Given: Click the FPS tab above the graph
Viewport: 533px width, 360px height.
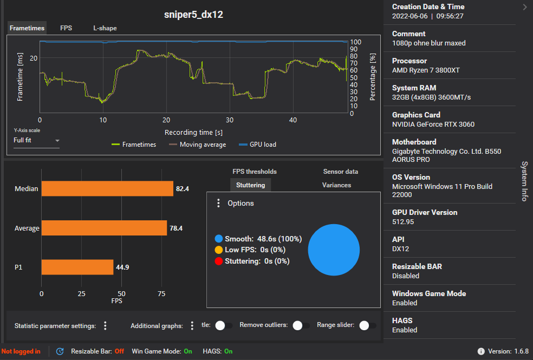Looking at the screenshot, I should pos(66,28).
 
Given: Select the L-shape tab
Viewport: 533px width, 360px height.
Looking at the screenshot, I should pos(105,28).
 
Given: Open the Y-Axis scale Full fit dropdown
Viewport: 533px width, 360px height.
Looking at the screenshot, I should pos(36,140).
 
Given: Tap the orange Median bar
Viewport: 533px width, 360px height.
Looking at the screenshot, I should pos(107,188).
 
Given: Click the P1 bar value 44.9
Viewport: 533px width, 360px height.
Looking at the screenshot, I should pos(122,267).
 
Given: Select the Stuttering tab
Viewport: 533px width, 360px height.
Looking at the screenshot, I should pos(251,185).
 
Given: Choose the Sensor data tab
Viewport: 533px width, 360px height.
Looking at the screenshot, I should pos(340,172).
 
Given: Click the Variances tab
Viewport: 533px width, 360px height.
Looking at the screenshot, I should pos(336,185).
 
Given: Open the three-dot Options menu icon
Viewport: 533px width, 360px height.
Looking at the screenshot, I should pos(218,203).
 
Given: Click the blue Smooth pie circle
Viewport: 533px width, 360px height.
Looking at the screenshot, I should pos(334,250).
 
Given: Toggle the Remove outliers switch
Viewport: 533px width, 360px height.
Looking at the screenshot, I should pos(297,325).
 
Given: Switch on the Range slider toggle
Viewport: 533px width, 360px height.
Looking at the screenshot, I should pos(365,325).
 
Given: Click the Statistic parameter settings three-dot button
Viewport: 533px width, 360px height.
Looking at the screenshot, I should pos(105,325).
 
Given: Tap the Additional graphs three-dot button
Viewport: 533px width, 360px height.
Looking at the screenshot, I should pos(191,325).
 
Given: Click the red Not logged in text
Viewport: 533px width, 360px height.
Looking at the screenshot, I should pos(21,351).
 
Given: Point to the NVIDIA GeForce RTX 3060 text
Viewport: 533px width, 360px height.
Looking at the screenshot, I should pos(433,125).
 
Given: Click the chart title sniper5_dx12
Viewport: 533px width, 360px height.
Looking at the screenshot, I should pos(193,15).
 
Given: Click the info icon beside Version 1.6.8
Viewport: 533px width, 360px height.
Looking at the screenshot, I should pos(481,351).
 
